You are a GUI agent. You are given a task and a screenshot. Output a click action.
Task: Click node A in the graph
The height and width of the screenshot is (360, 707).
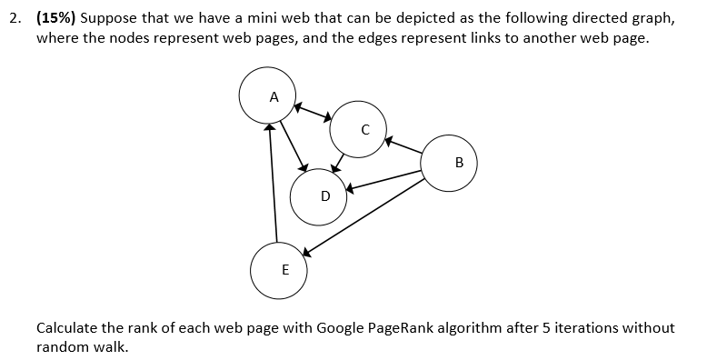267,96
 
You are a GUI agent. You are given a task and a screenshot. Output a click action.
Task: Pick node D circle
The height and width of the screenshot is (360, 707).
318,196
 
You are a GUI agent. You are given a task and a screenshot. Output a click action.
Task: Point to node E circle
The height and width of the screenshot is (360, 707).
279,271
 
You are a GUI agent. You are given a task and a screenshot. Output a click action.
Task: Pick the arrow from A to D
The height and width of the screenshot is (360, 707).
294,145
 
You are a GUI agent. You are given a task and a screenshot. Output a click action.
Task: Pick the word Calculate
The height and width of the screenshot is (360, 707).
68,328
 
